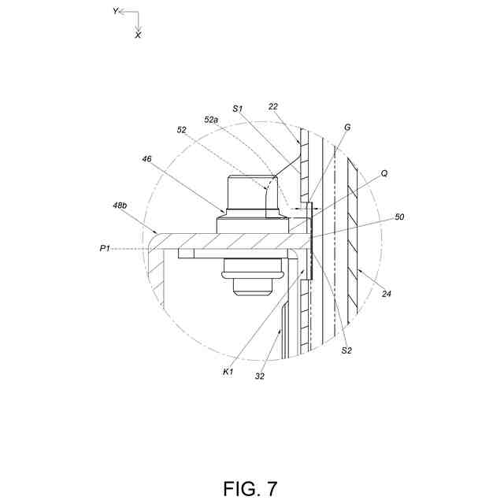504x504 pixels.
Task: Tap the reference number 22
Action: tap(272, 106)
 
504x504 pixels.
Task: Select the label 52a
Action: tap(211, 120)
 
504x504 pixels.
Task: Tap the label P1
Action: tap(105, 248)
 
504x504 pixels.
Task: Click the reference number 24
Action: tap(387, 294)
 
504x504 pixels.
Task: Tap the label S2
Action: tap(346, 350)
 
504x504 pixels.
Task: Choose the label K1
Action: tap(228, 370)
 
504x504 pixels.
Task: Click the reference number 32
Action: tap(259, 376)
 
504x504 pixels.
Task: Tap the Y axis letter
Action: tap(116, 11)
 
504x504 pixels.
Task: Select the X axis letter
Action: tap(138, 35)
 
